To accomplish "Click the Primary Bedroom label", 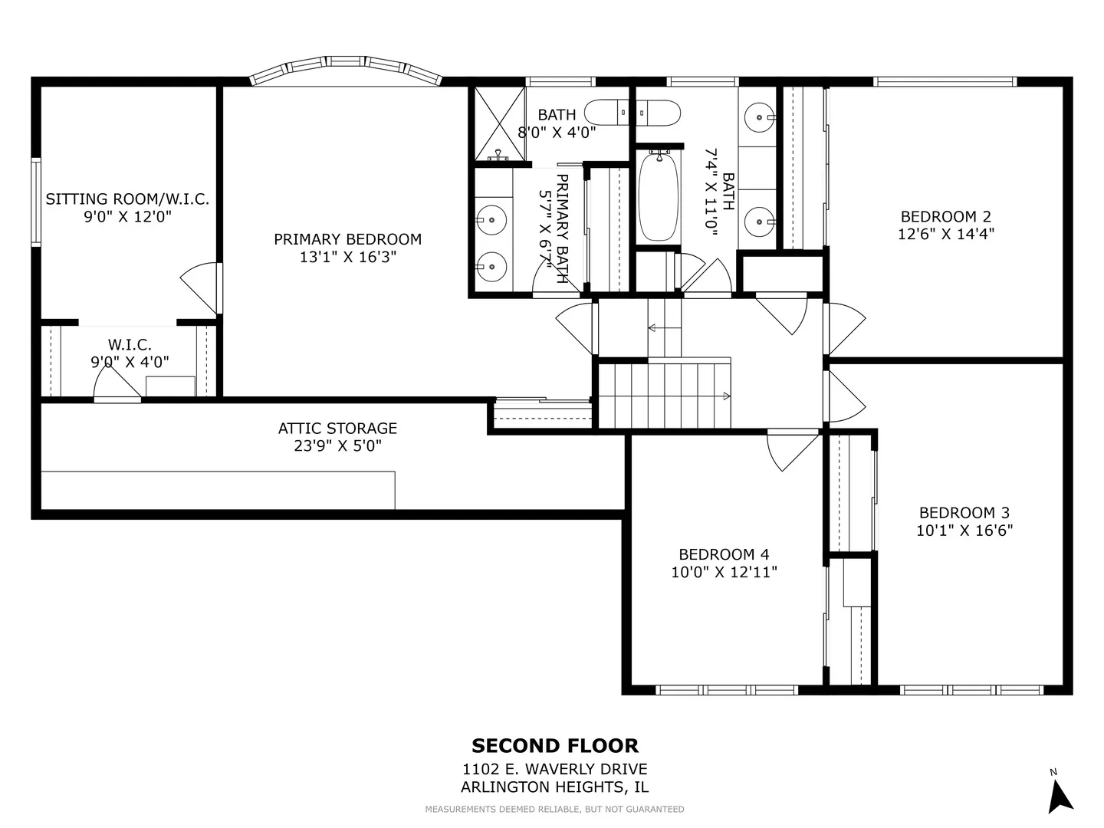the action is [347, 239].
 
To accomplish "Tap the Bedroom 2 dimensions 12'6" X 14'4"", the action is [946, 235].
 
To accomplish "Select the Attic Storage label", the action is [337, 429].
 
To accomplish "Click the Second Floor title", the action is [555, 745].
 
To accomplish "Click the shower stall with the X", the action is [499, 124].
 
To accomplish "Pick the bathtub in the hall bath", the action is [658, 198].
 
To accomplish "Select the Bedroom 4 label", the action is [724, 554].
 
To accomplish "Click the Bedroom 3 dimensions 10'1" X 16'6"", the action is [964, 531].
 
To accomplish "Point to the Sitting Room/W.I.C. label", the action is [127, 199].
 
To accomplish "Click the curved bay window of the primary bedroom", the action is [346, 68].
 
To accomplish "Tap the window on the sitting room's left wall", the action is [36, 202].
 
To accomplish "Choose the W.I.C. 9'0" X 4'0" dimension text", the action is [130, 362].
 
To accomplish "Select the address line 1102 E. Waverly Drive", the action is [555, 769].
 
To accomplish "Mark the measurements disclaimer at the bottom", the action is [555, 810].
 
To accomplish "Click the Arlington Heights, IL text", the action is [555, 787].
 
